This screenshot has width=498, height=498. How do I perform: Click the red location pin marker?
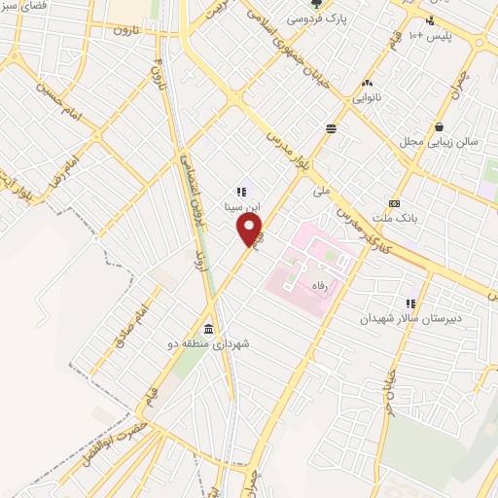[250, 231]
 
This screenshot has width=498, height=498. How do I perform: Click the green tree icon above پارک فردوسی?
[316, 5]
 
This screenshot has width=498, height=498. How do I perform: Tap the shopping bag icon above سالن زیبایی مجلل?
[440, 125]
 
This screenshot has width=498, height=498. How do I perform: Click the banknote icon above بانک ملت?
[394, 202]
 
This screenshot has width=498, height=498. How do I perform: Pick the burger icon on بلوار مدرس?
[332, 127]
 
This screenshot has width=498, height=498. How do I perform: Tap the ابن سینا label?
[240, 207]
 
